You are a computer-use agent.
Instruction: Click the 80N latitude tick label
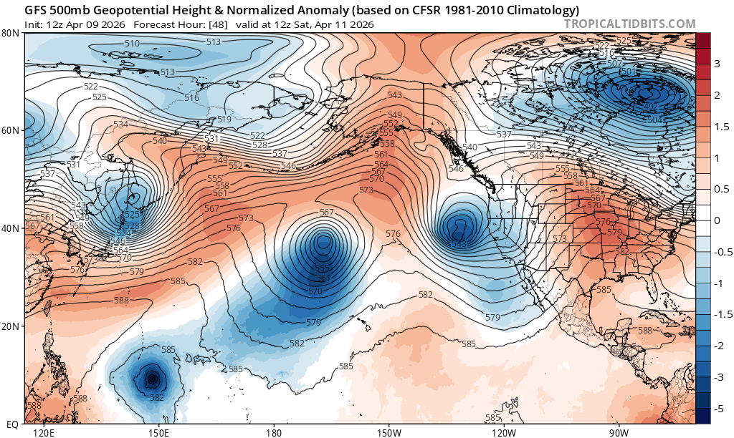pyautogui.click(x=10, y=33)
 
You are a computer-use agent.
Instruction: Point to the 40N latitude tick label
pyautogui.click(x=10, y=228)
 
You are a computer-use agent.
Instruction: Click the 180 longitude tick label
pyautogui.click(x=273, y=432)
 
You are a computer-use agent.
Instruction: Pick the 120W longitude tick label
pyautogui.click(x=504, y=432)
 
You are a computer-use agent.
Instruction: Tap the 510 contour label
pyautogui.click(x=132, y=44)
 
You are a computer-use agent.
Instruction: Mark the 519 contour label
pyautogui.click(x=224, y=120)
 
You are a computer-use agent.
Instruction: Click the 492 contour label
pyautogui.click(x=651, y=107)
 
